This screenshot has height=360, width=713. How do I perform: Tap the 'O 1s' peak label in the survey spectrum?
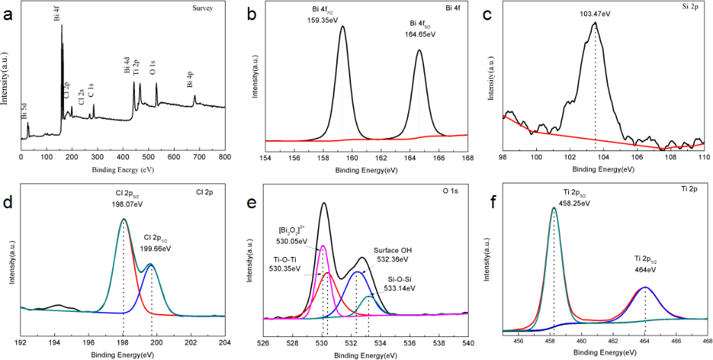(153, 67)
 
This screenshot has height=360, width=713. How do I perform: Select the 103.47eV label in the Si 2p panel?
(595, 13)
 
